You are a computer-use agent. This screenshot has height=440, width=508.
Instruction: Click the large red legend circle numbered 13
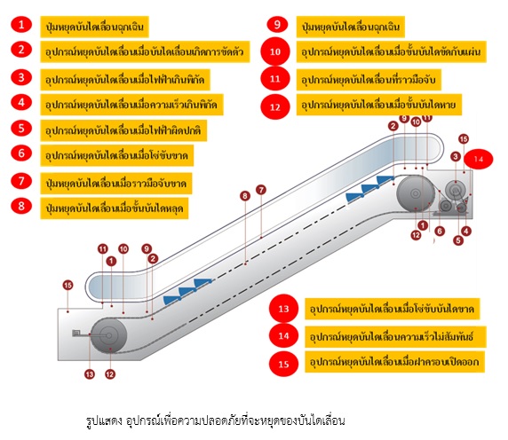click(x=283, y=310)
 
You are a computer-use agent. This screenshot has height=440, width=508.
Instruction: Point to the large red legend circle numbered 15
click(x=283, y=363)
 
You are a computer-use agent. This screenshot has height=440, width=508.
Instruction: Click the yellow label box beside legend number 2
click(x=147, y=50)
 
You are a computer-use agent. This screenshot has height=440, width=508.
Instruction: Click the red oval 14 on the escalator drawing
click(x=480, y=160)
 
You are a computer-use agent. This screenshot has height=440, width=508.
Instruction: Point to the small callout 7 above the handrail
click(x=261, y=190)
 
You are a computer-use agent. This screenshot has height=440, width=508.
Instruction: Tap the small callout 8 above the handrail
click(x=244, y=195)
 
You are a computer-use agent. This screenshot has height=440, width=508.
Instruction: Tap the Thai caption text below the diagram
click(x=210, y=418)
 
